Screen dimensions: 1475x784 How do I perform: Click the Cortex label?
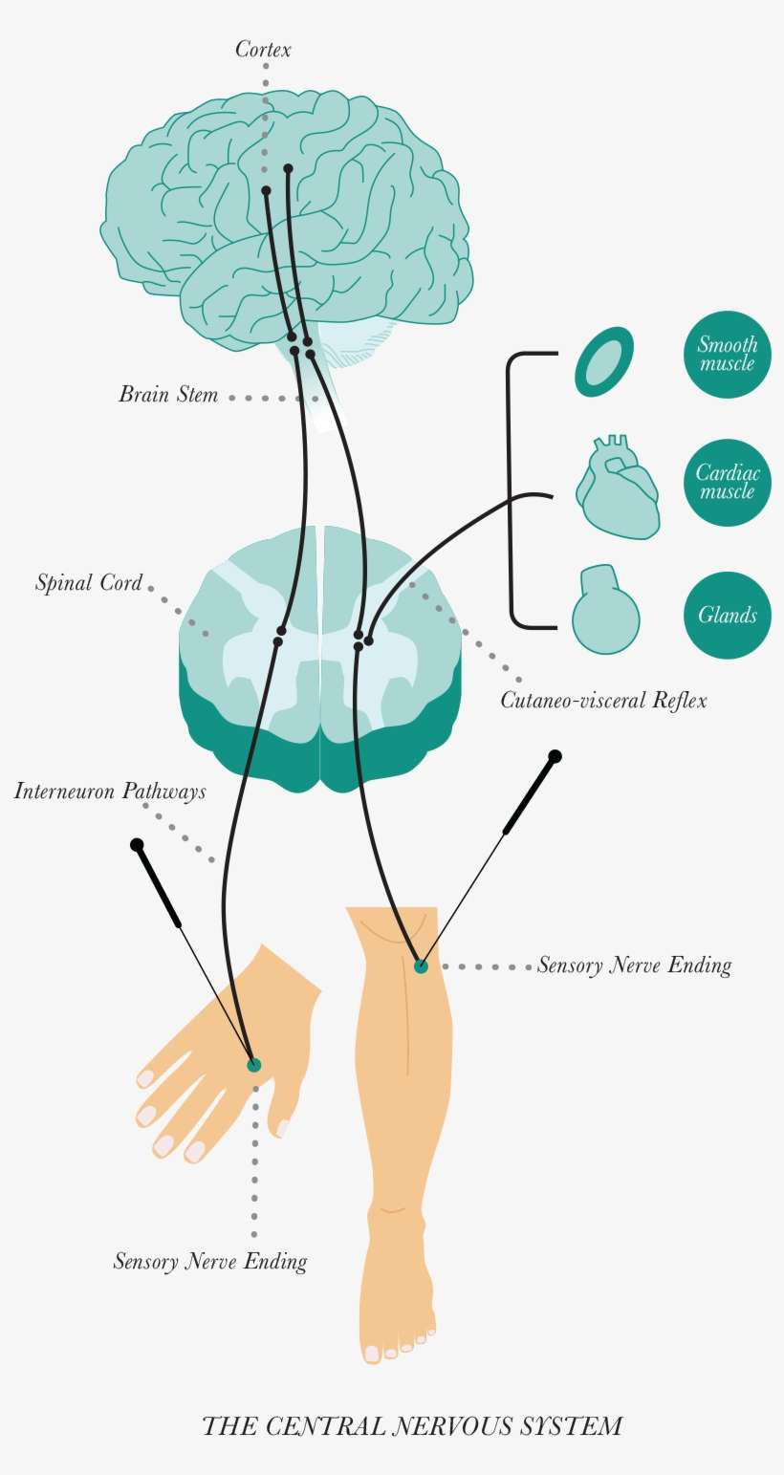[x=263, y=50]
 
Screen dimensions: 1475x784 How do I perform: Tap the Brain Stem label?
[x=168, y=395]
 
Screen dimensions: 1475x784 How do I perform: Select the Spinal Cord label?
[x=89, y=583]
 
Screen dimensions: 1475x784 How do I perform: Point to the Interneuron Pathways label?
[x=110, y=792]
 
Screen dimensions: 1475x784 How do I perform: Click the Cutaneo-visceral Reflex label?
[x=603, y=701]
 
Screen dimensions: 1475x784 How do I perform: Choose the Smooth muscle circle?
[x=727, y=355]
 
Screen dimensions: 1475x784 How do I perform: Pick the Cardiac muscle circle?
[x=727, y=483]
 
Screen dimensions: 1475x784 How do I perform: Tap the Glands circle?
[x=727, y=616]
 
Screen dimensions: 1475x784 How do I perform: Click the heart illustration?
[x=618, y=488]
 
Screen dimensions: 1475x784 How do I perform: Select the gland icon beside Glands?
[x=605, y=612]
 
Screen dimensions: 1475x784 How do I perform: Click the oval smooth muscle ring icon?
[x=604, y=361]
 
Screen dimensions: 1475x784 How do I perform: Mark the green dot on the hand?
[x=253, y=1065]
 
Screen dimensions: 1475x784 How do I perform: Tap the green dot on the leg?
[x=421, y=966]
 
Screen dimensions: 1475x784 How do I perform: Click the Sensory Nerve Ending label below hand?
[x=210, y=1262]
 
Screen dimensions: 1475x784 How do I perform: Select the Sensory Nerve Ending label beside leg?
[x=634, y=965]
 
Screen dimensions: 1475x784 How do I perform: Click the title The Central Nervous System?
[x=412, y=1427]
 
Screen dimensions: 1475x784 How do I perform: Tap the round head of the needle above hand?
[x=137, y=845]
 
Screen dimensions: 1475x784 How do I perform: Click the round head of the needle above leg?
[x=555, y=756]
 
